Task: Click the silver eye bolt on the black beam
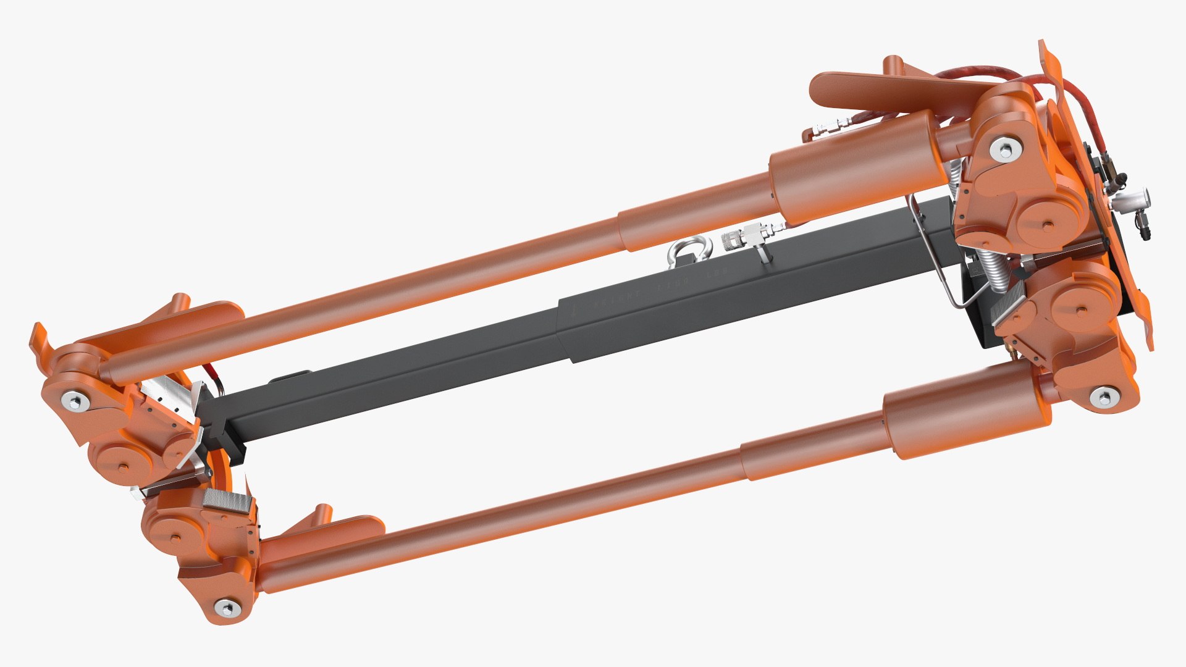(x=688, y=251)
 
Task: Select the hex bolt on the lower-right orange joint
(x=1103, y=396)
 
